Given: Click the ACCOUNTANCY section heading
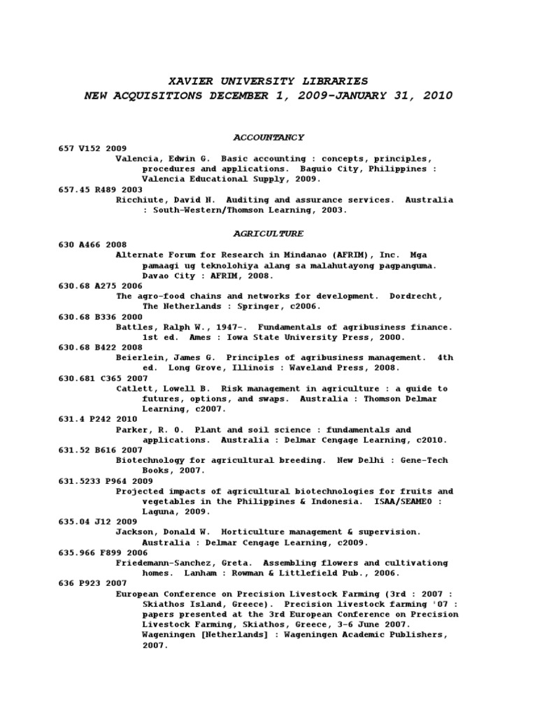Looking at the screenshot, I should coord(268,137).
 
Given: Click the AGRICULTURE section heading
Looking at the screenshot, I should coord(268,234).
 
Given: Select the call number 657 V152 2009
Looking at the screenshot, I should coord(92,148).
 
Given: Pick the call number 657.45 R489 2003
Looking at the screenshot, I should coord(100,189).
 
